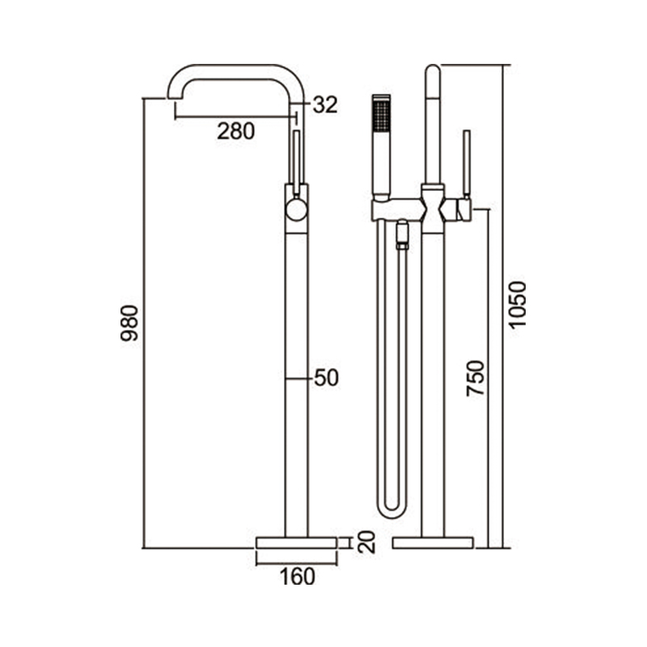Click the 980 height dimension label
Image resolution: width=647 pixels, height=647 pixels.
(x=129, y=323)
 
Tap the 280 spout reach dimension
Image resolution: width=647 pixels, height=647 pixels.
(x=236, y=132)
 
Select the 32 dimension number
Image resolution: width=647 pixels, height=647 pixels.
(x=325, y=104)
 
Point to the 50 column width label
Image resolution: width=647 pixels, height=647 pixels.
(x=327, y=378)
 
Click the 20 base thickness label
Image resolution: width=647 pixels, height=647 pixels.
(x=367, y=541)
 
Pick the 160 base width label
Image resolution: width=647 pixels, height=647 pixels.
(x=298, y=576)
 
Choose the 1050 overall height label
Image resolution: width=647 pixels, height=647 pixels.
(x=517, y=305)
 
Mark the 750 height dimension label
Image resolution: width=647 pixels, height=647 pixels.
(x=475, y=378)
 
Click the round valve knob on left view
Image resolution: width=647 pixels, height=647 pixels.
(x=297, y=209)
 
